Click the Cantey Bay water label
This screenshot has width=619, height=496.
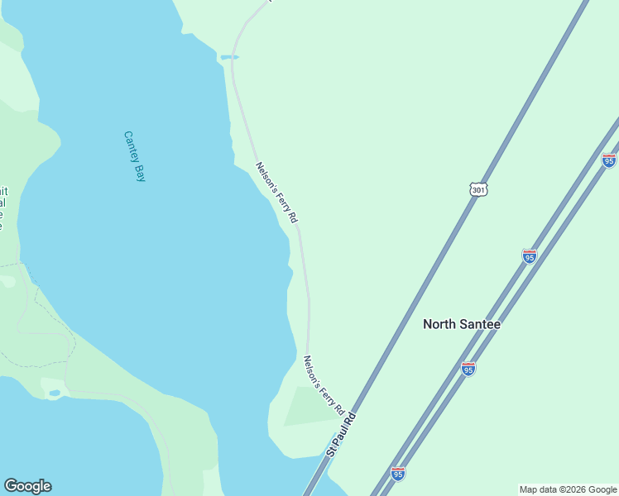tap(134, 155)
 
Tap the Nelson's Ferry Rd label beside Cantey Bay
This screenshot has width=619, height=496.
tap(276, 193)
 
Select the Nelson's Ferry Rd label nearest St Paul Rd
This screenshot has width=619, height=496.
tap(323, 386)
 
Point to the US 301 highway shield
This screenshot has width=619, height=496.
tap(478, 190)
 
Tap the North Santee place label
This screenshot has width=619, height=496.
tap(462, 324)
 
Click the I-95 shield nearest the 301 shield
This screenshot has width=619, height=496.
tap(530, 256)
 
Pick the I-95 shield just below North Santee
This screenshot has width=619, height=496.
tap(468, 370)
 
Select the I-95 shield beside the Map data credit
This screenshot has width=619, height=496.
tap(398, 474)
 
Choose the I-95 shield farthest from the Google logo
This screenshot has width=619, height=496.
tap(609, 160)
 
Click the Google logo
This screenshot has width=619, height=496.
tap(27, 486)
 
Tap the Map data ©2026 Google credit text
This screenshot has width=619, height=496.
tap(568, 489)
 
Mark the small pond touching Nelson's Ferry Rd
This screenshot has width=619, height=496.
tap(228, 57)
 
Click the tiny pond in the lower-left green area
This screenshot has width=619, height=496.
tap(54, 392)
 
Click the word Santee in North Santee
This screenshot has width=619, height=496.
tap(479, 324)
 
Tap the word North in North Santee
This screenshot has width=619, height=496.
tap(439, 324)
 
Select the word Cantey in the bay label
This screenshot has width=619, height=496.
tap(131, 146)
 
